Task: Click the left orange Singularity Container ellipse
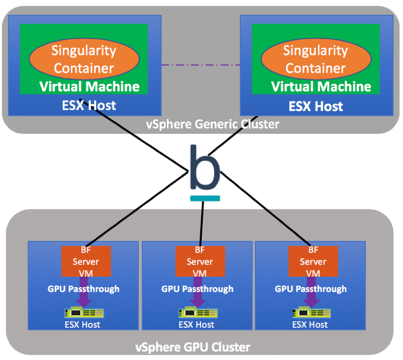pos(84,59)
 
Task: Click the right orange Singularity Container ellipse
pos(315,59)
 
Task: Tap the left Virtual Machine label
pos(89,87)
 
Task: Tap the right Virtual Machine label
pos(321,87)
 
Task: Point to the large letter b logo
pos(205,168)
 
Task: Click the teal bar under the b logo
pos(205,198)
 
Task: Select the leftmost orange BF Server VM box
pos(86,261)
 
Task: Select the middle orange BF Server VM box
pos(200,261)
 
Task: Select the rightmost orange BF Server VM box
pos(313,261)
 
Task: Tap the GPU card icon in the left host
pos(84,313)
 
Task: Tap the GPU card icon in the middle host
pos(198,313)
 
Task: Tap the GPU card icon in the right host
pos(311,313)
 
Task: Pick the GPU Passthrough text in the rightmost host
pos(311,289)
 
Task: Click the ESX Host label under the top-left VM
pos(89,105)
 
